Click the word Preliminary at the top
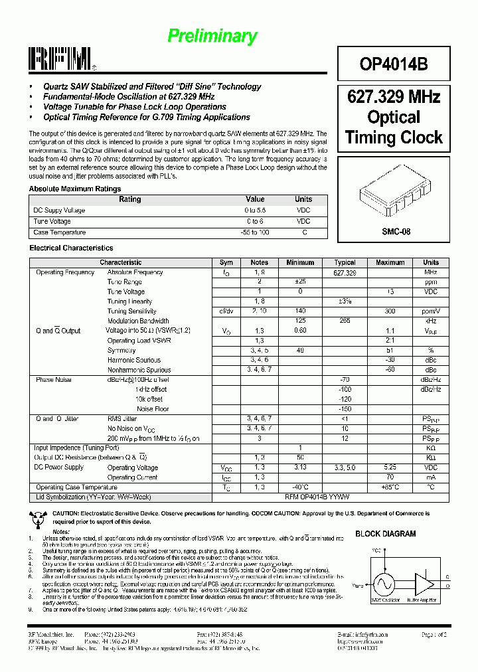click(x=212, y=37)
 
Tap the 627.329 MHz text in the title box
click(x=394, y=97)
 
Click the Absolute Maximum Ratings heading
click(x=75, y=189)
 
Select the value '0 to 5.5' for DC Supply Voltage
click(x=255, y=210)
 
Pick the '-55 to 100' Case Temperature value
click(x=255, y=232)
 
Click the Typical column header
click(x=345, y=262)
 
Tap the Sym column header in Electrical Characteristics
click(x=226, y=262)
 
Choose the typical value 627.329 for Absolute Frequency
click(x=345, y=272)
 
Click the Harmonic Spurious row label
click(x=135, y=360)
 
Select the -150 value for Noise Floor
click(x=345, y=409)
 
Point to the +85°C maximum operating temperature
click(x=390, y=487)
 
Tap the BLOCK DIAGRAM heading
click(x=386, y=533)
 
